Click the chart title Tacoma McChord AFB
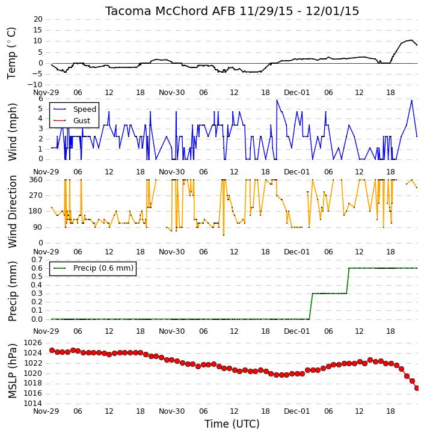tap(171, 11)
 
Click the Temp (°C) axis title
tap(11, 53)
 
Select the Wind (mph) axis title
tap(12, 132)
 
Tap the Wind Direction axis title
tap(12, 212)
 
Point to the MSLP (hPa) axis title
tap(12, 371)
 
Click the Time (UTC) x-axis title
tap(232, 424)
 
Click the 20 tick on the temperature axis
tap(38, 19)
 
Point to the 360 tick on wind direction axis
tap(36, 180)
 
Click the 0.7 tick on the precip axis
tap(37, 260)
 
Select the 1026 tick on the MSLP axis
tap(33, 343)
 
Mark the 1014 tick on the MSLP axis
tap(33, 404)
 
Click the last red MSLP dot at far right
tap(417, 388)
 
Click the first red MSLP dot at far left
tap(52, 351)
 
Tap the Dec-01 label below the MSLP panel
tap(296, 411)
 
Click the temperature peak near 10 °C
tap(411, 40)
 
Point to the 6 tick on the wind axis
tap(41, 99)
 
